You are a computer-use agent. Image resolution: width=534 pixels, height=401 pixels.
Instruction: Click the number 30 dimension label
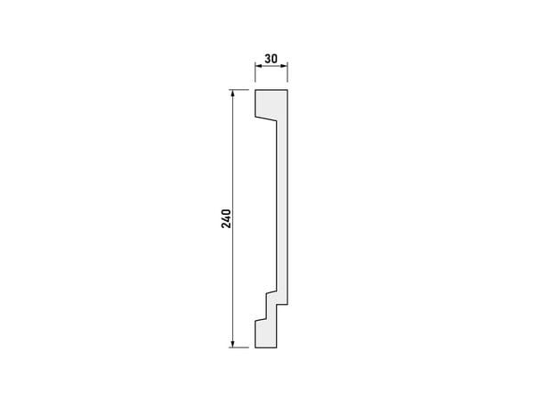pyautogui.click(x=271, y=59)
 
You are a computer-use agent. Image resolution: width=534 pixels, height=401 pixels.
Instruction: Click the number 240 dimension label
pyautogui.click(x=226, y=219)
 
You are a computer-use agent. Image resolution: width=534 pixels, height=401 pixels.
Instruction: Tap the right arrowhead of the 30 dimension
pyautogui.click(x=284, y=66)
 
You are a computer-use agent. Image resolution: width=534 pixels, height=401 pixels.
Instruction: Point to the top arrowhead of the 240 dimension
pyautogui.click(x=232, y=94)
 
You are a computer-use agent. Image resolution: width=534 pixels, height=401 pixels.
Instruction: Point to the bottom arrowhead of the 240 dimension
pyautogui.click(x=232, y=343)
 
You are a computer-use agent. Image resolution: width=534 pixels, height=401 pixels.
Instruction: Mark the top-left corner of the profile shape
pyautogui.click(x=255, y=90)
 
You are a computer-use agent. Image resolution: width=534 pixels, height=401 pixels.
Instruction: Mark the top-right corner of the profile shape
pyautogui.click(x=287, y=90)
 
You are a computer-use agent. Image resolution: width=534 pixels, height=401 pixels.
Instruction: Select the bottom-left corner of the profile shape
pyautogui.click(x=255, y=348)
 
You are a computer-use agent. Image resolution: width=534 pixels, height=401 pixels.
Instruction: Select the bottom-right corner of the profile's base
pyautogui.click(x=277, y=348)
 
